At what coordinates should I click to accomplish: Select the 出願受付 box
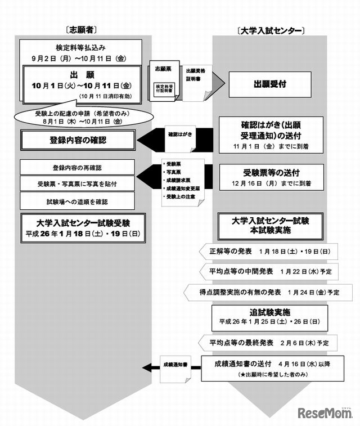[271, 84]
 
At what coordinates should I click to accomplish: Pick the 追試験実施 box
[268, 317]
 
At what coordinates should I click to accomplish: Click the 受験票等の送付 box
[271, 176]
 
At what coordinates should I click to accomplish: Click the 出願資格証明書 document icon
[196, 79]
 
